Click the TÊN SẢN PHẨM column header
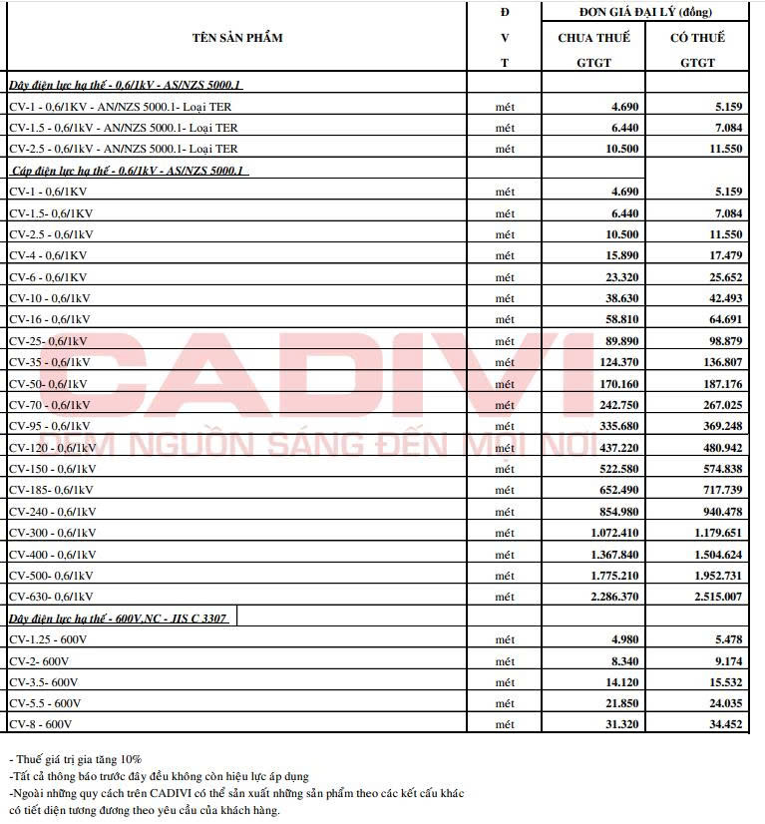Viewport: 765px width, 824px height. click(x=237, y=38)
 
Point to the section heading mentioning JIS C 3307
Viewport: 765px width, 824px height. click(x=119, y=618)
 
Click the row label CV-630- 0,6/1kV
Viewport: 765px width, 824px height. click(x=52, y=597)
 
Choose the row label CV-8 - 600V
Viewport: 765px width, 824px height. click(x=41, y=724)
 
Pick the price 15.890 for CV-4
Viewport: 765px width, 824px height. click(x=619, y=255)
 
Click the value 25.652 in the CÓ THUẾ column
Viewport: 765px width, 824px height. click(x=721, y=277)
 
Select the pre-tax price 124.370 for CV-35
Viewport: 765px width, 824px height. click(x=615, y=362)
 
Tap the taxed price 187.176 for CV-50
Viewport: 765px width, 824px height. click(x=717, y=384)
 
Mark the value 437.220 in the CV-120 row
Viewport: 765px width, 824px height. click(x=615, y=448)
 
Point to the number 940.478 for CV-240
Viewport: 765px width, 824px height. click(x=717, y=512)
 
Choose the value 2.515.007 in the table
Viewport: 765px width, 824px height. click(x=712, y=597)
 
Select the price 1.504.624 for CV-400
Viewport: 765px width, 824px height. click(x=712, y=555)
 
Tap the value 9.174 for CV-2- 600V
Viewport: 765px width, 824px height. click(x=724, y=660)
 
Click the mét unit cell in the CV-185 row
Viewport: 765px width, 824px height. click(x=505, y=490)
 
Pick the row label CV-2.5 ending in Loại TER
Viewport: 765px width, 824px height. click(x=124, y=149)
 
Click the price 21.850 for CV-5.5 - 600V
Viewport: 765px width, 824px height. click(x=619, y=703)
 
